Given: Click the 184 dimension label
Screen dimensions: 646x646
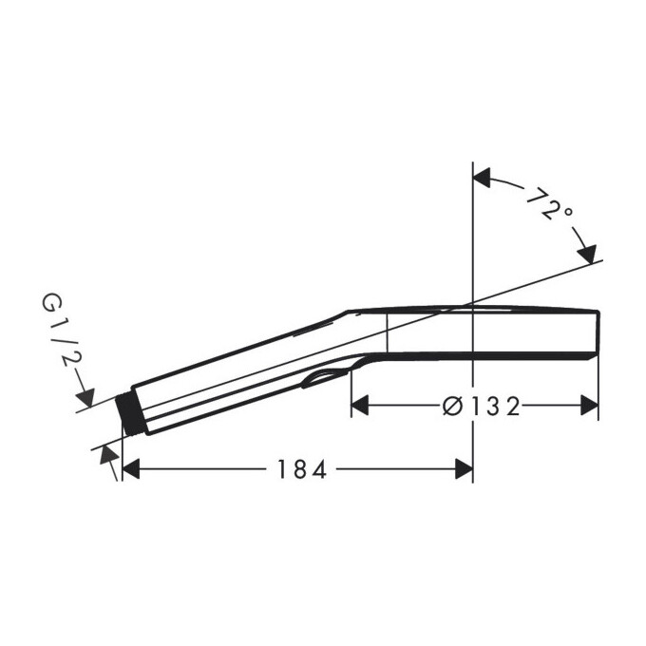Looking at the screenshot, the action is [x=302, y=469].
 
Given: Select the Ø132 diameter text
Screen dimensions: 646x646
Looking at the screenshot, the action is [x=482, y=407].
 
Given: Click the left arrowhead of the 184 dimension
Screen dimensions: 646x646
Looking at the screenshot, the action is [x=131, y=469].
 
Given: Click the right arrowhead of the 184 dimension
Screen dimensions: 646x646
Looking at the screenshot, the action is [x=464, y=469].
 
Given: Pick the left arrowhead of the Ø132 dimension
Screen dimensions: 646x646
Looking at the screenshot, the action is [x=360, y=406].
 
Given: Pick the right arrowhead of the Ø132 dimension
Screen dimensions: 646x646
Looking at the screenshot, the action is [x=589, y=406].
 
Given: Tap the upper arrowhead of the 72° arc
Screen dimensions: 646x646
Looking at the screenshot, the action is [x=482, y=178].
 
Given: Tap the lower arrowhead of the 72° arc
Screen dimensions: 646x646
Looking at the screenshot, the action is [x=587, y=254].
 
